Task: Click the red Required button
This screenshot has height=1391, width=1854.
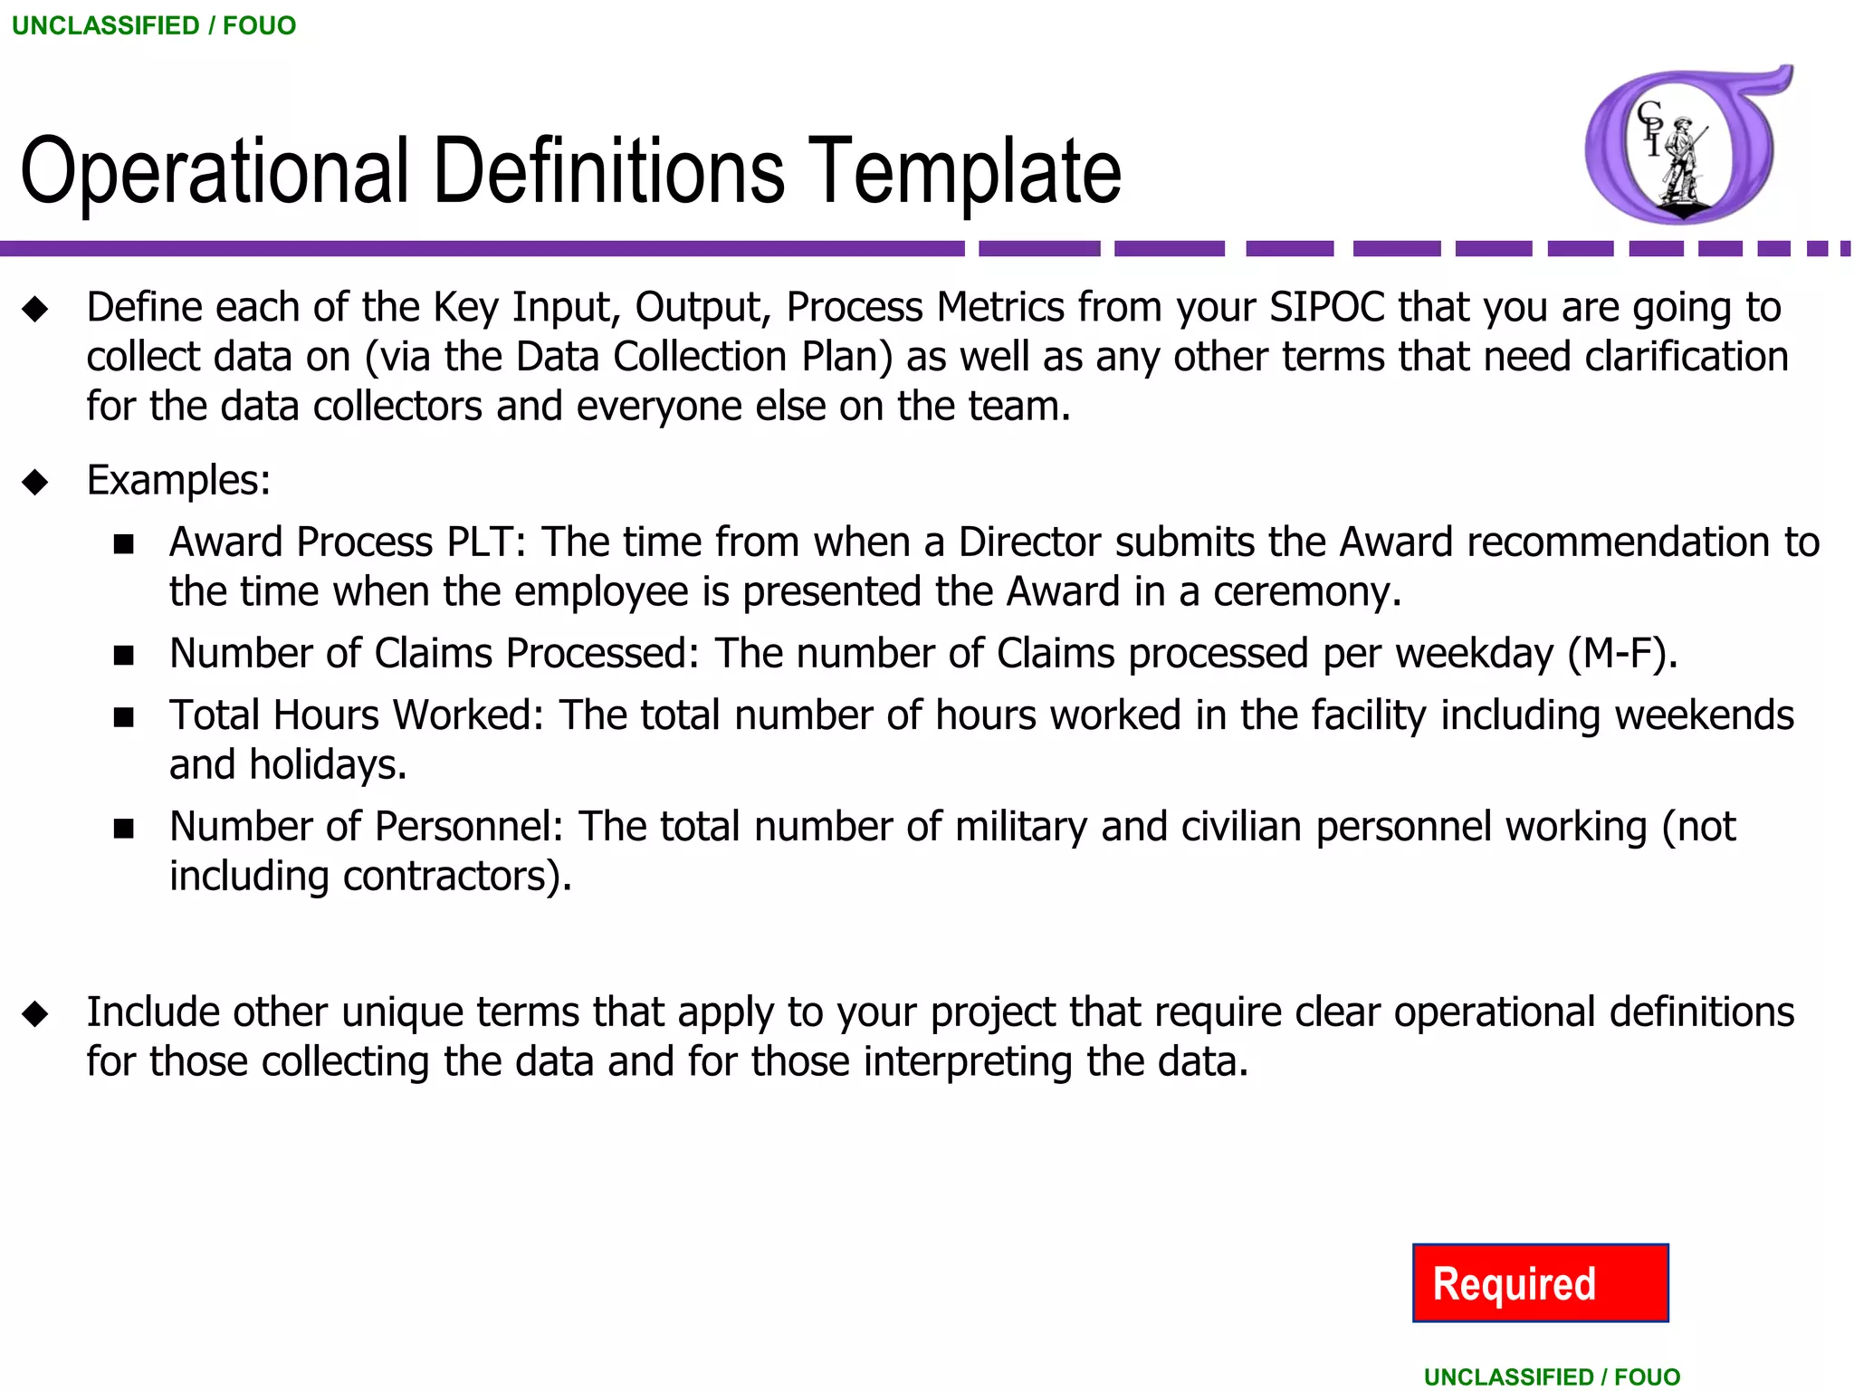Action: [x=1540, y=1282]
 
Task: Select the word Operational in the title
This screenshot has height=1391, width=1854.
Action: [x=215, y=170]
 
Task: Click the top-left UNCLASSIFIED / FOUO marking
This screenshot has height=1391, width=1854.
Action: [x=154, y=25]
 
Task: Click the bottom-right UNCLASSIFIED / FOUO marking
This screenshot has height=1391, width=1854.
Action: [x=1552, y=1377]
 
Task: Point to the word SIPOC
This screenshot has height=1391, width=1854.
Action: [x=1327, y=307]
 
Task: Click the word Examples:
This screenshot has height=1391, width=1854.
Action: [x=178, y=480]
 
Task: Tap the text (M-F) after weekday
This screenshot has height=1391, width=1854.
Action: [x=1621, y=653]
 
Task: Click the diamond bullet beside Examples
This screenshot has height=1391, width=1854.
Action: [x=35, y=482]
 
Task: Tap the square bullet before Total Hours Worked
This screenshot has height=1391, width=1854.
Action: [x=124, y=717]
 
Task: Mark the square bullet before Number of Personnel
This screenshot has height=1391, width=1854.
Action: [x=124, y=829]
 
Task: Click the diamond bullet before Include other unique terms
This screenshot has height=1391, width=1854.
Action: [x=35, y=1013]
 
